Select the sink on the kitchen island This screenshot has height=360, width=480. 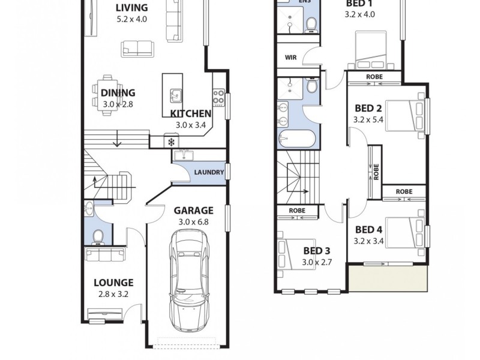click(176, 95)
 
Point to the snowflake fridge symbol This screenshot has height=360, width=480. click(172, 142)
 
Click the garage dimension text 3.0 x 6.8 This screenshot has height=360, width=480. click(193, 222)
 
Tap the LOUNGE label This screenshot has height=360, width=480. click(113, 283)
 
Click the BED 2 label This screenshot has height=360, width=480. click(368, 109)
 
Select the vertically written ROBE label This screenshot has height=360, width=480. click(376, 173)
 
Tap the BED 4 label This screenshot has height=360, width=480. click(368, 229)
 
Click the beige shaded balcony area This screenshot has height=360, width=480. click(388, 279)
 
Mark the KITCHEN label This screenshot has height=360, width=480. click(191, 113)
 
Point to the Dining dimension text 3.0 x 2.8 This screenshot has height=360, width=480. click(118, 104)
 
